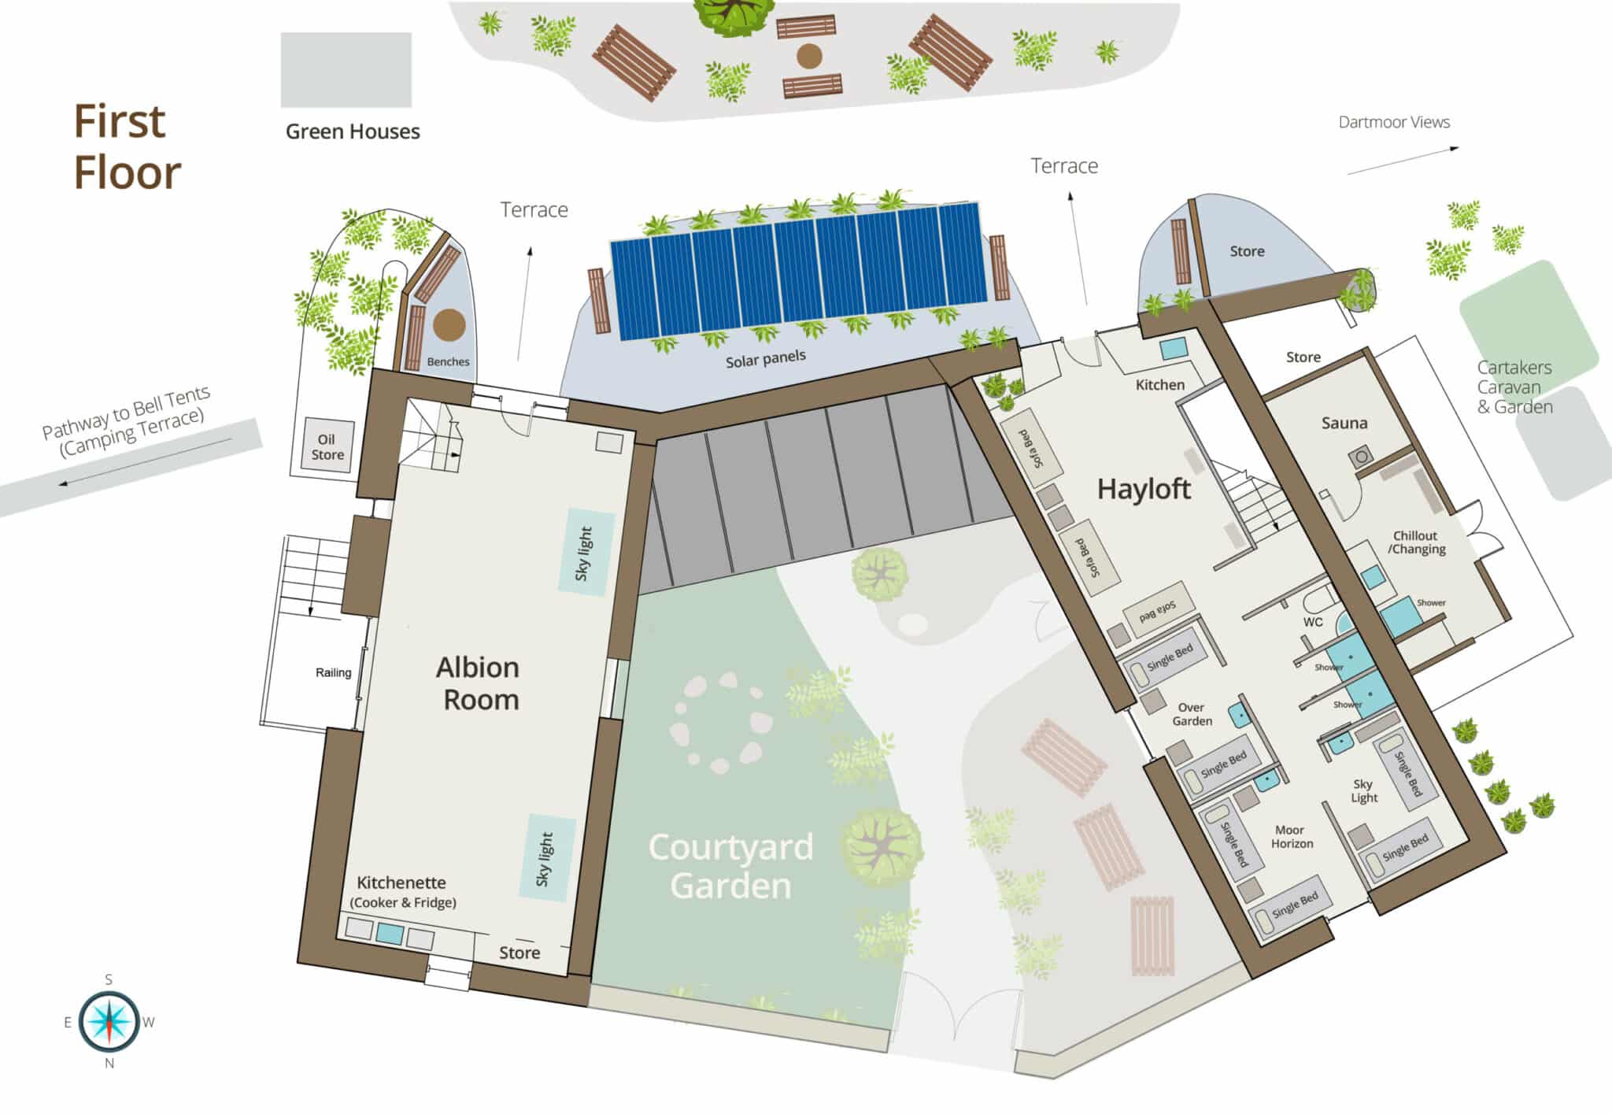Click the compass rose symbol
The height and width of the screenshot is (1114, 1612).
[109, 1021]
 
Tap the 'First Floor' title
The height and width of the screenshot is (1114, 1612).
[127, 147]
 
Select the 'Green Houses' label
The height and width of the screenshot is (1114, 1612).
[353, 131]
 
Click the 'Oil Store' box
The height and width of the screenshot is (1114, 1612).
[327, 446]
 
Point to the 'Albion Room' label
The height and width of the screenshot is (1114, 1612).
[479, 683]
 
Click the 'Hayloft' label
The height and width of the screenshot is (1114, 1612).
[1144, 489]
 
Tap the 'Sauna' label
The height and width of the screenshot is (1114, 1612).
[1344, 423]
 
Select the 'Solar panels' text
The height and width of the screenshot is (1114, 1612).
[765, 359]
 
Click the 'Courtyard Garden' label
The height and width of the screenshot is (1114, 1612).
[730, 866]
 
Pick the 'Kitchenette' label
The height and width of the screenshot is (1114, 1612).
[401, 883]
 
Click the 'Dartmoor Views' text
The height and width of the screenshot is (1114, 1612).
[1394, 122]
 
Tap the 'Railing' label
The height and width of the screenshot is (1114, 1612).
[333, 672]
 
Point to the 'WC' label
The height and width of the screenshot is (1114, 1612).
[1312, 622]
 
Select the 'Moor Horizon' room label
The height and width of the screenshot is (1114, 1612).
[1291, 836]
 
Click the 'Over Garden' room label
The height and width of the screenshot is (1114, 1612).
[1192, 714]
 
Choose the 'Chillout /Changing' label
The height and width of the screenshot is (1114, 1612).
[1416, 542]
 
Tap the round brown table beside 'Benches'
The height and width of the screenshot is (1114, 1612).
[449, 324]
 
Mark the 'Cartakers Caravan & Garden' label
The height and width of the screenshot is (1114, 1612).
[1514, 387]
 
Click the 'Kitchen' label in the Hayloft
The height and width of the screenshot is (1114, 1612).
[1159, 384]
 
